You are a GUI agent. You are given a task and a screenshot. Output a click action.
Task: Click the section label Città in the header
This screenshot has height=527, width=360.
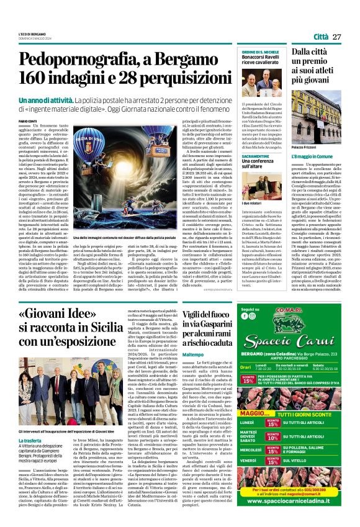(x=321, y=37)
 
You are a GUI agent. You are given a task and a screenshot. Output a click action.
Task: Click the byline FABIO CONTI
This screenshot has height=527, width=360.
(x=28, y=120)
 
